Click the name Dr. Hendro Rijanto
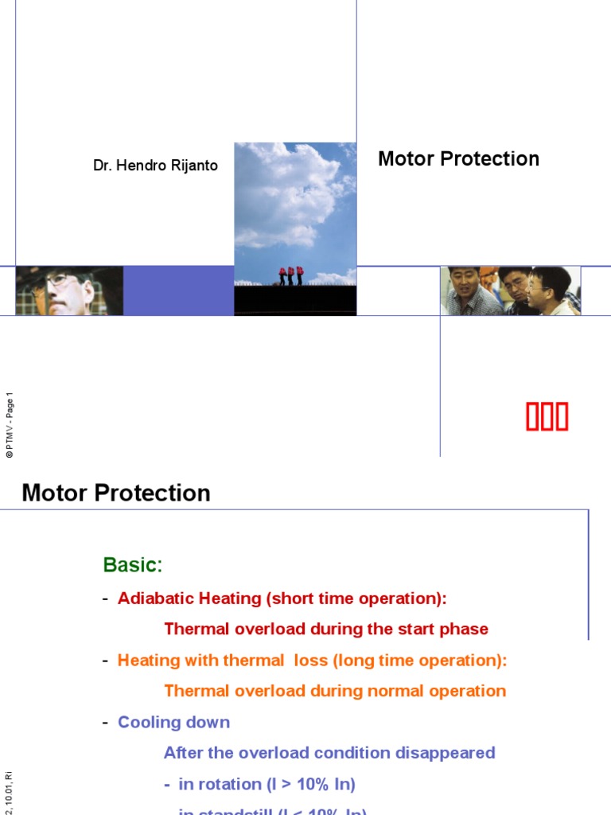[x=155, y=166]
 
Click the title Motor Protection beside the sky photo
[x=458, y=159]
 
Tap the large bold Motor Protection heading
[x=116, y=493]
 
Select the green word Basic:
[x=132, y=565]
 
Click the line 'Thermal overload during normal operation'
[x=334, y=691]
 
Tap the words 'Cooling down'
[x=173, y=722]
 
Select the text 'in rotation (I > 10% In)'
[x=267, y=784]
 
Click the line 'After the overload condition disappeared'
[x=329, y=753]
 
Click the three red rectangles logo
[x=547, y=417]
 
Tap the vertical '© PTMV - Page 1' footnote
[x=10, y=426]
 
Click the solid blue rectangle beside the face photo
[x=178, y=291]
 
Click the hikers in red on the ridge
[x=290, y=275]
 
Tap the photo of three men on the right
[x=510, y=291]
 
